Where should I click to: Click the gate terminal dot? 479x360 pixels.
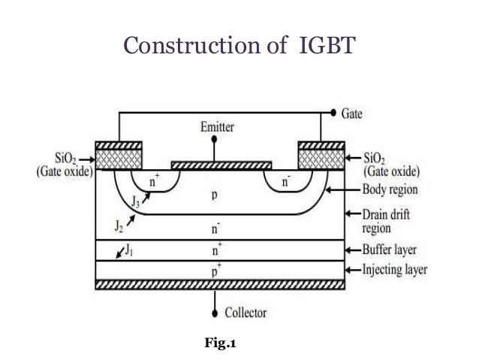(x=333, y=114)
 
